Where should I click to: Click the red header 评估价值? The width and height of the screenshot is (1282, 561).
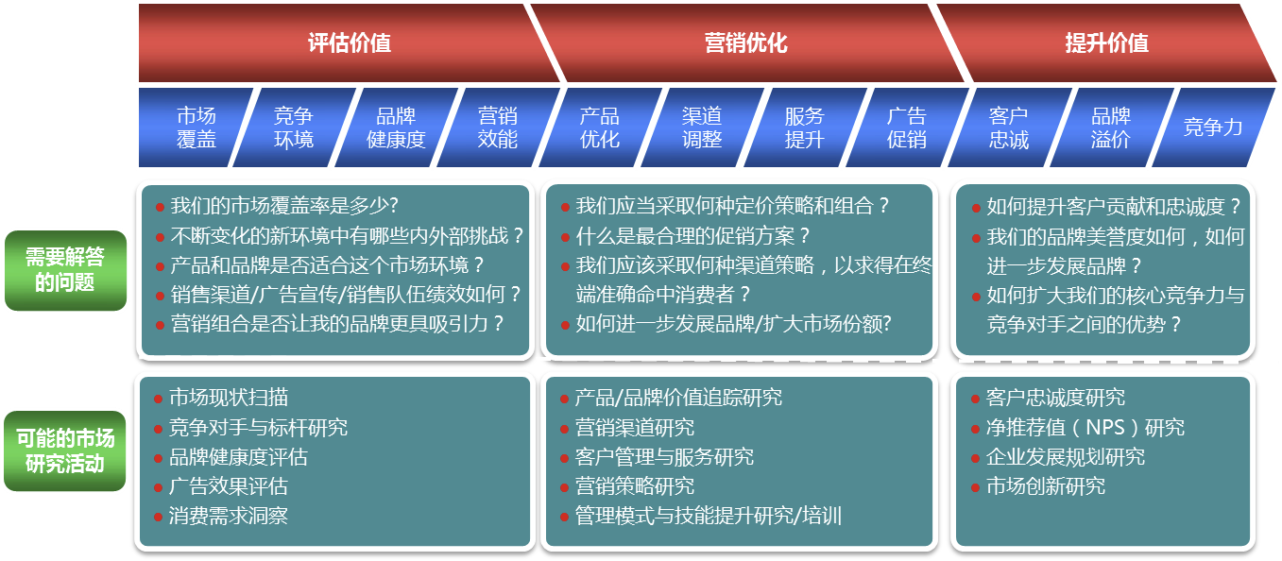click(350, 42)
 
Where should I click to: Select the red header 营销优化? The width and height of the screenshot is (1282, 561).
click(746, 42)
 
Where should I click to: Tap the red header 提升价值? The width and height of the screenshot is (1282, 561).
click(1106, 42)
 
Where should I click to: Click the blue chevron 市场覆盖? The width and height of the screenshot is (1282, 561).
click(196, 127)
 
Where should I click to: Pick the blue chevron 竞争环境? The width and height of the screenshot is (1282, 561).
click(294, 127)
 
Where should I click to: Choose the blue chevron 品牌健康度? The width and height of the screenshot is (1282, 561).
click(396, 127)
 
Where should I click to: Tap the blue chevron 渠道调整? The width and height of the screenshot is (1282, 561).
click(702, 127)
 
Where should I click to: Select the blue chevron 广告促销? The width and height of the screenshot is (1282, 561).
click(907, 127)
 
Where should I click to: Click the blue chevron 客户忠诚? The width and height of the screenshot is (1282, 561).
click(1008, 127)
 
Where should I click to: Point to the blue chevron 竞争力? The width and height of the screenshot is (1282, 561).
click(1213, 127)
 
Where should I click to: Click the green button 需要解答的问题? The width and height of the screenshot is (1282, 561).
click(65, 270)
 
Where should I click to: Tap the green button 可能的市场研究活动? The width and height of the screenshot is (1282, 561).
click(64, 450)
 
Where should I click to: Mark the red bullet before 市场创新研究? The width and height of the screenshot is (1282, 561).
click(975, 487)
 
